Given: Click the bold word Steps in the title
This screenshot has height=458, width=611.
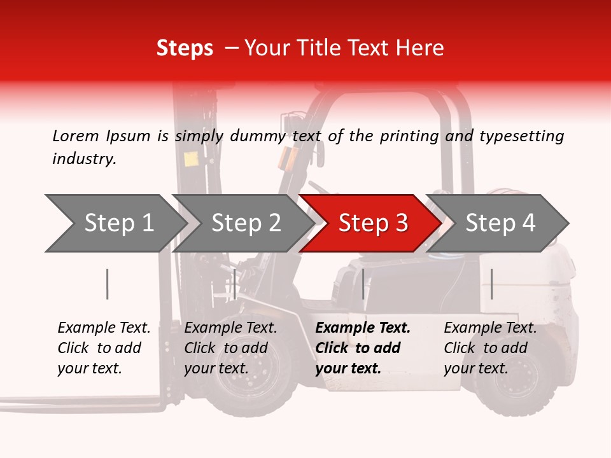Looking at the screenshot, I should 185,48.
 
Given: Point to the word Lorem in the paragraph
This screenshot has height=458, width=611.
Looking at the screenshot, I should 76,136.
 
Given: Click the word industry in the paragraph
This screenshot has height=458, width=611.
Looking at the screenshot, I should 83,159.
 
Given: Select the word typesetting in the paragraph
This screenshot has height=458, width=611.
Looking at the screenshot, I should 521,136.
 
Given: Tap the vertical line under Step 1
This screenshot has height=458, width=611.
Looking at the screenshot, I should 108,284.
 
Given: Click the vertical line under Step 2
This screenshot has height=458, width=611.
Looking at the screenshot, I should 235,284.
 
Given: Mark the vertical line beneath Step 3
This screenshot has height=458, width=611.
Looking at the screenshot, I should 363,284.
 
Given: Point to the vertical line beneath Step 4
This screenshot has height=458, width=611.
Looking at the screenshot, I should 491,284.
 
